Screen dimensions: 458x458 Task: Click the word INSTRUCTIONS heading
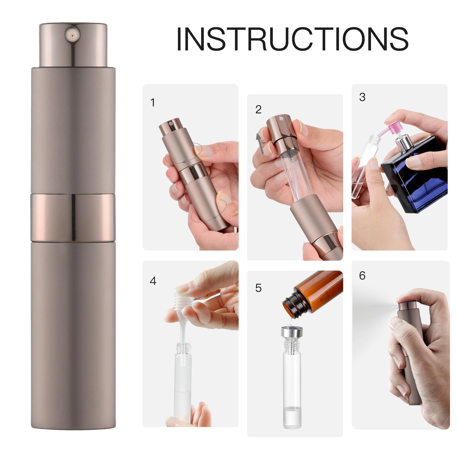(x=292, y=40)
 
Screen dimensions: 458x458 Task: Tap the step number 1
(x=153, y=102)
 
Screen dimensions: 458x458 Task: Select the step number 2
(x=258, y=109)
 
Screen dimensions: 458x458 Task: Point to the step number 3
(x=362, y=97)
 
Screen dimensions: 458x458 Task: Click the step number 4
(x=153, y=281)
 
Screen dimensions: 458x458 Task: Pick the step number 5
(x=258, y=288)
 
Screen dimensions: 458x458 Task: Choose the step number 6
(x=362, y=276)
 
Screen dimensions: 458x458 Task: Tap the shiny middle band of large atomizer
(x=73, y=218)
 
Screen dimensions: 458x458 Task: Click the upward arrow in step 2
(x=260, y=143)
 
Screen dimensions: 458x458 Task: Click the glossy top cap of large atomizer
(x=73, y=46)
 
